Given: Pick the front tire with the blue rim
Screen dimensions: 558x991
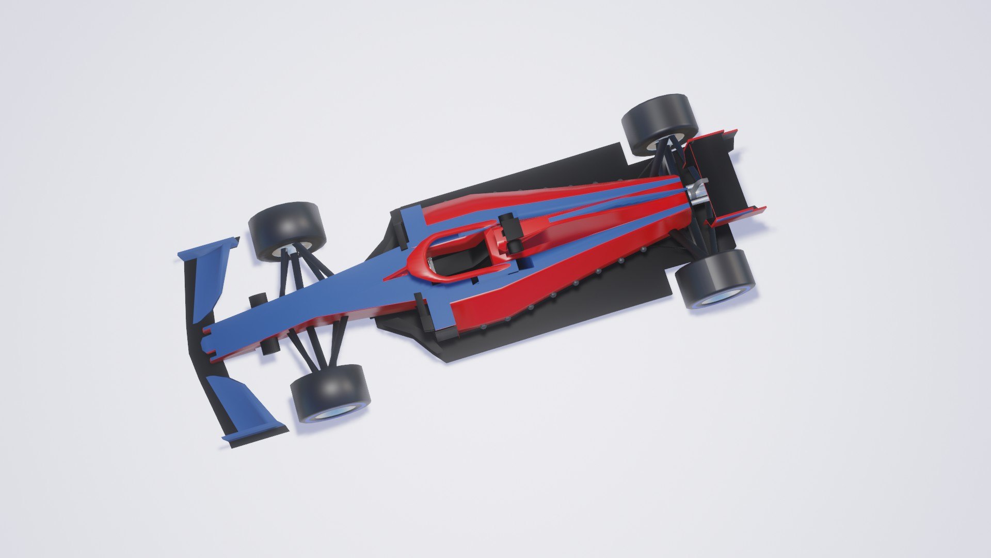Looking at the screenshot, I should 330,393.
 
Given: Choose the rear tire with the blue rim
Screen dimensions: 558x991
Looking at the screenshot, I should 715,279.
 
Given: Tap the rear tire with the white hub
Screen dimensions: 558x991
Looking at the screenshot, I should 658,124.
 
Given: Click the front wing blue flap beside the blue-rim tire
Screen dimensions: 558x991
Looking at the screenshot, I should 248,403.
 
